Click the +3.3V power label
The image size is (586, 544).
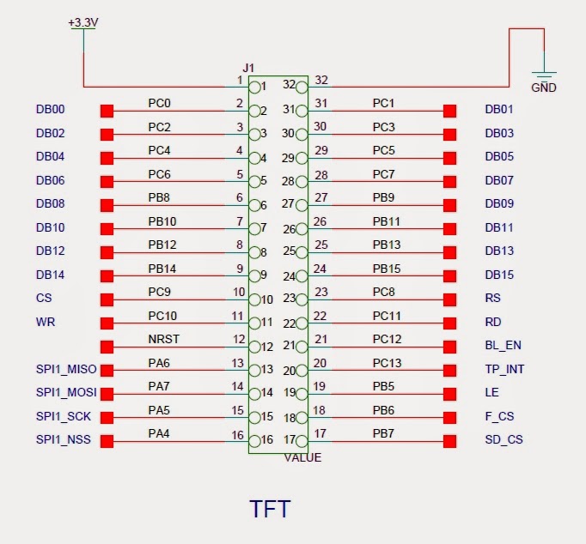click(83, 22)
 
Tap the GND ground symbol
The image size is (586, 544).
click(543, 78)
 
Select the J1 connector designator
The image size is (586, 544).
click(249, 68)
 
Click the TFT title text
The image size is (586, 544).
click(270, 509)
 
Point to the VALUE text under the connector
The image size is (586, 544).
click(302, 457)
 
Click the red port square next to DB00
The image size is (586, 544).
click(107, 111)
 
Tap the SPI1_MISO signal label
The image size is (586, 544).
click(66, 370)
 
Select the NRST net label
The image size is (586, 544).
click(163, 339)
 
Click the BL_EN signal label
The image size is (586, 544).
click(503, 346)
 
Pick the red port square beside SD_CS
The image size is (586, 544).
click(449, 441)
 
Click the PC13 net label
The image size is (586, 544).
click(387, 363)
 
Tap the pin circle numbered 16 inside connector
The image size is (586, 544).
click(255, 440)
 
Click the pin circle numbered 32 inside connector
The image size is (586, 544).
click(302, 87)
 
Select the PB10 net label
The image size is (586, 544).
click(162, 221)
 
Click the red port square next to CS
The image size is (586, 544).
click(107, 299)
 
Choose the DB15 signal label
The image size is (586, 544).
click(499, 275)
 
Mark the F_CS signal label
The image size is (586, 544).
click(499, 417)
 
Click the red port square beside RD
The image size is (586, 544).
click(449, 323)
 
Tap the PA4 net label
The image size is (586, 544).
click(160, 433)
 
